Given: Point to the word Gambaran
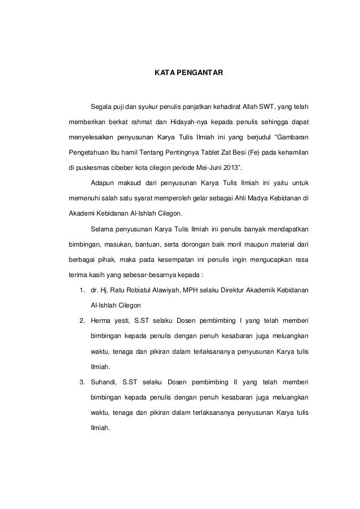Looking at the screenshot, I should pos(291,137).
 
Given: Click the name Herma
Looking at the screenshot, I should pos(102,320).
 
